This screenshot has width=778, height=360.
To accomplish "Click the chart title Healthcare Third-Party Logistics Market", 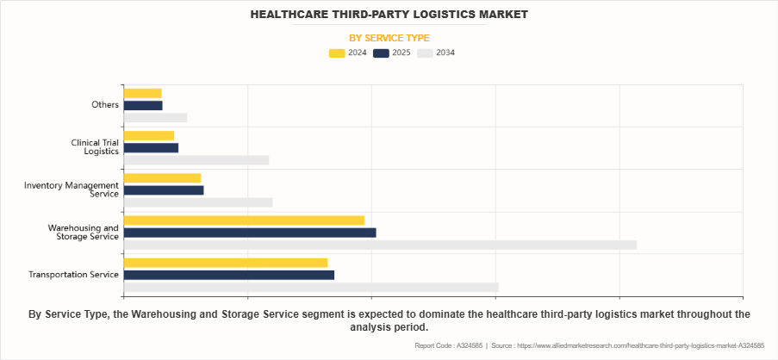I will [x=389, y=15].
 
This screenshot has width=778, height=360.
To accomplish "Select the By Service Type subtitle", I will [x=389, y=38].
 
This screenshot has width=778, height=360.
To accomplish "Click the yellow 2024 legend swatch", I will [x=337, y=53].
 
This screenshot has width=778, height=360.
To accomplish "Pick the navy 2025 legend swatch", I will [x=381, y=53].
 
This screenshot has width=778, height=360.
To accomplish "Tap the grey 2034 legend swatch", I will [x=425, y=53].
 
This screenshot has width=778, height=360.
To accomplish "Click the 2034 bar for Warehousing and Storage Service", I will [x=380, y=245].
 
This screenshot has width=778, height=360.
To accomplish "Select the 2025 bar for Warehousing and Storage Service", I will [x=250, y=233].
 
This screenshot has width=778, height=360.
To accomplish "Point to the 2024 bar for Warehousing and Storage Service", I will [x=244, y=220].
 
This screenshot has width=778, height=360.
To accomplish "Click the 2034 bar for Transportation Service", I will [x=311, y=287].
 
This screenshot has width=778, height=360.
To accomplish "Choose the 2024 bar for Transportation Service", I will [x=226, y=263].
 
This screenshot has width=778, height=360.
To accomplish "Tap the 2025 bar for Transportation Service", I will [x=228, y=275].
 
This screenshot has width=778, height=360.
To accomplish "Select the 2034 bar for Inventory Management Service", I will [x=198, y=202].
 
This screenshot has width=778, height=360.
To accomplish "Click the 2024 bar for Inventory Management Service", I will [x=162, y=178].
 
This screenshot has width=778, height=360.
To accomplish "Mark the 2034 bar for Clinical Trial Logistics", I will [x=196, y=160].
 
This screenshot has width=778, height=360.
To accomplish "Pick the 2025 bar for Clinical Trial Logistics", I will [x=151, y=148].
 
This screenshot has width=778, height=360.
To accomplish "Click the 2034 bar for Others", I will [x=155, y=118].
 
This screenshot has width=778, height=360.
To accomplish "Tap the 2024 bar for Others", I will [x=142, y=93].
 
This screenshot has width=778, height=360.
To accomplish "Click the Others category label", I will [x=105, y=105].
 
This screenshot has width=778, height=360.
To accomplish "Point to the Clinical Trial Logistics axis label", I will [x=95, y=147].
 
